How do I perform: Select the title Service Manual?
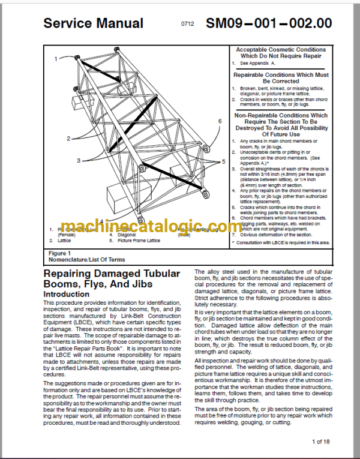tap(93, 23)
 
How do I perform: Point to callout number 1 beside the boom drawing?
tap(55, 58)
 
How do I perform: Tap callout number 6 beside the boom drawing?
tap(220, 121)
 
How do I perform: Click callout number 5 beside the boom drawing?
tap(223, 161)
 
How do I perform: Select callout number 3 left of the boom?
tap(79, 161)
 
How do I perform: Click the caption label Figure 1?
tap(59, 254)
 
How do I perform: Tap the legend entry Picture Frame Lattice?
tap(140, 240)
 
